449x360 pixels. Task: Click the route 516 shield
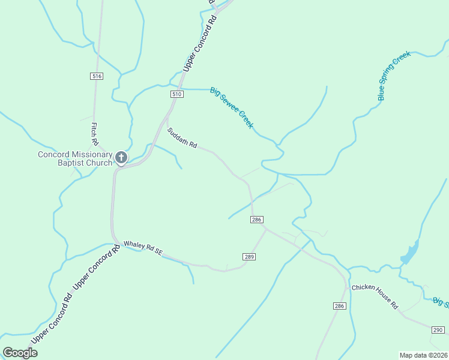pos(97,76)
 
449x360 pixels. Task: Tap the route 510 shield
pos(176,94)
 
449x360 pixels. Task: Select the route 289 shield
pos(250,257)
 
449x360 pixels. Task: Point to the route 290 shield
pos(438,330)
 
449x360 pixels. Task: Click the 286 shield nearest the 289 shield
pos(257,220)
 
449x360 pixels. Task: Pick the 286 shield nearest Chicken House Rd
pos(340,306)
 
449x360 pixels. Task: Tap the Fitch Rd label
pos(95,134)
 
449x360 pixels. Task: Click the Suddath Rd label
pos(182,137)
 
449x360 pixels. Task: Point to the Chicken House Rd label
pos(375,296)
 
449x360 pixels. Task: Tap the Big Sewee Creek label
pos(232,109)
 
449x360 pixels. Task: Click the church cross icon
pos(121,158)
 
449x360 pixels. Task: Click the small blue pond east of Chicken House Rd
pos(409,253)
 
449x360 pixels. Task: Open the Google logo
pos(20,353)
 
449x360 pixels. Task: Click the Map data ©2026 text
pos(423,355)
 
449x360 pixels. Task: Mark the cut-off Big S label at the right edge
pos(441,302)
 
